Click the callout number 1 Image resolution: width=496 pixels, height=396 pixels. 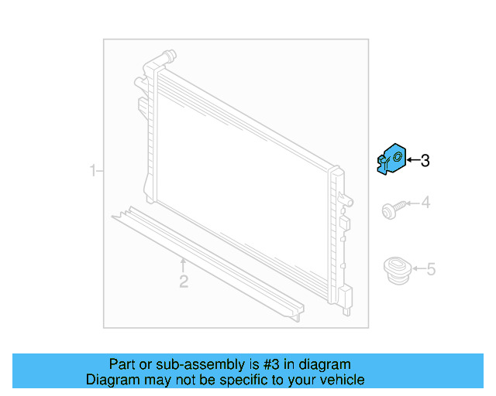[x=92, y=170]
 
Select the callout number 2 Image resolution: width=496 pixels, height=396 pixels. [x=184, y=282]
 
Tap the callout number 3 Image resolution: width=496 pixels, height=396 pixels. [x=425, y=161]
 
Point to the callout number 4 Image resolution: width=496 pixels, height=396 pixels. [x=425, y=203]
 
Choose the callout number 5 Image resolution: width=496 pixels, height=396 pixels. [x=431, y=269]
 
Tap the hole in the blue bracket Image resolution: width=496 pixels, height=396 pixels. [x=398, y=158]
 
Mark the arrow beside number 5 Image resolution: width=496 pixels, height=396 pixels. [x=418, y=269]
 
